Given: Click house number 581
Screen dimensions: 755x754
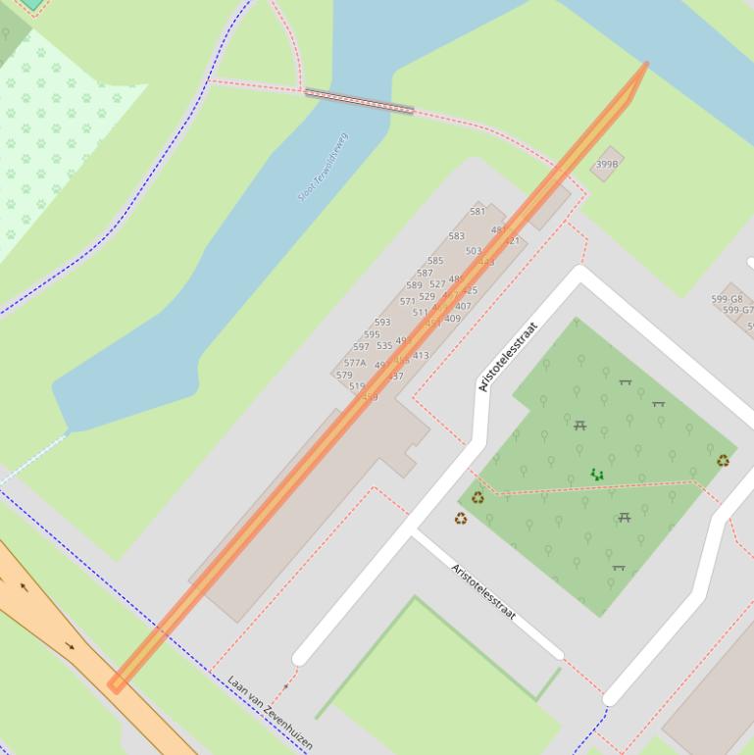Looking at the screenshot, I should (478, 211).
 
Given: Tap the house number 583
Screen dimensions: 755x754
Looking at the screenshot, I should (456, 236).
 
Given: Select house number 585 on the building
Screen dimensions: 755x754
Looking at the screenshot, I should (435, 261).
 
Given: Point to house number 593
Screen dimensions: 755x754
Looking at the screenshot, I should (382, 322).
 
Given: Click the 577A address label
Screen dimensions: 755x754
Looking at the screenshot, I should (355, 363).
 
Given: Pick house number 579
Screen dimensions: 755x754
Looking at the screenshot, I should (344, 376).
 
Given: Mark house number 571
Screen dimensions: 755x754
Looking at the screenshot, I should (407, 302).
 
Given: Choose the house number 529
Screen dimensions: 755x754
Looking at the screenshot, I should (427, 297).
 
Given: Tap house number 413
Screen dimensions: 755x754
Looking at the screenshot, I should (421, 356).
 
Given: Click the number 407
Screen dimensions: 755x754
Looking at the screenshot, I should (463, 306).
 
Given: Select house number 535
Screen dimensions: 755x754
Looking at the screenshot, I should (383, 346).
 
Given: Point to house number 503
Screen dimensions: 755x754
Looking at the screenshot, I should (474, 251).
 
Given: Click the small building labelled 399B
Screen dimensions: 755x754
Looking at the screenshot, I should (607, 164).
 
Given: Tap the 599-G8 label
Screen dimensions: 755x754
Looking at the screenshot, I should (727, 299).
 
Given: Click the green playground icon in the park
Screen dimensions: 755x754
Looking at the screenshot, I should (596, 475).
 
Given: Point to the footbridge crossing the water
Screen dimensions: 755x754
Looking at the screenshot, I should (359, 101).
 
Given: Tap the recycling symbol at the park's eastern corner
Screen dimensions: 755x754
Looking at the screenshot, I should (723, 461).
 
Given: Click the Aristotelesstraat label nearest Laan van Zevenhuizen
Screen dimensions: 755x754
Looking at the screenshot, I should (482, 592).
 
